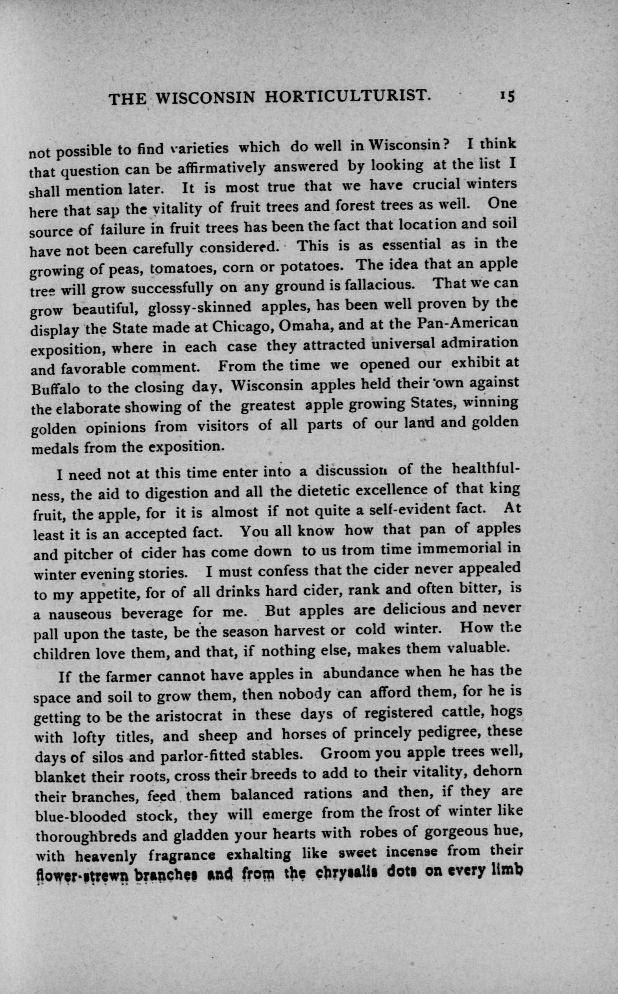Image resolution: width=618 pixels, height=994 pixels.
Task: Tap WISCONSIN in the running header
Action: (x=206, y=98)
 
